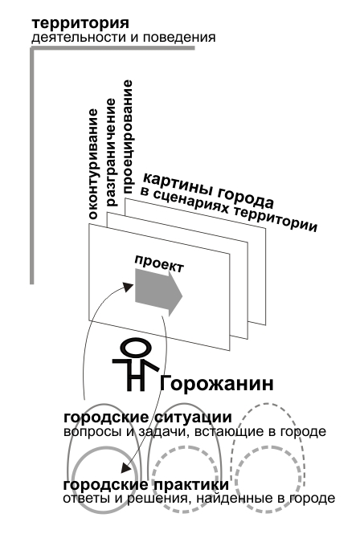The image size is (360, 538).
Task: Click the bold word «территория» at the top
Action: pyautogui.click(x=80, y=24)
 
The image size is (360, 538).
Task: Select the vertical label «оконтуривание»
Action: pyautogui.click(x=93, y=164)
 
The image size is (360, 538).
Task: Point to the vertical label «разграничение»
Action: pyautogui.click(x=112, y=153)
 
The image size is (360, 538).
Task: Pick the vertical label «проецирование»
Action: pyautogui.click(x=127, y=137)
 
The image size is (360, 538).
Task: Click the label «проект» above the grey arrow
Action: pyautogui.click(x=159, y=263)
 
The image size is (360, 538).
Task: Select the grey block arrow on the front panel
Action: pyautogui.click(x=158, y=292)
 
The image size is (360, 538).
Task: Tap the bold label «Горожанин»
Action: pyautogui.click(x=217, y=383)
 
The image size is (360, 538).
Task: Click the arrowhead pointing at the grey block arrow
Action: pyautogui.click(x=129, y=287)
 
